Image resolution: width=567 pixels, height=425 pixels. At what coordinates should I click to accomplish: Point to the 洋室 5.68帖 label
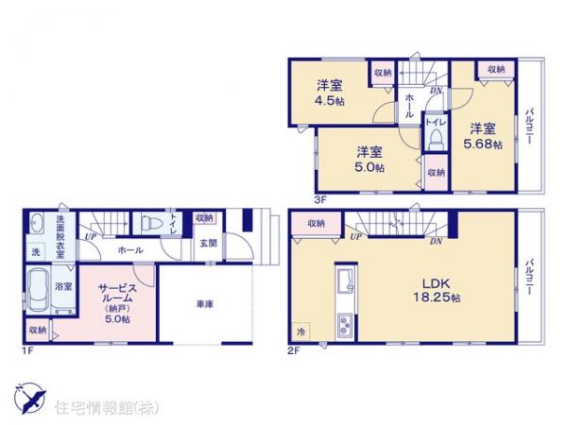[x=482, y=136]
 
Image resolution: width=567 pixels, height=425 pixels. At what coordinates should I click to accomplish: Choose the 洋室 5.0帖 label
[x=369, y=159]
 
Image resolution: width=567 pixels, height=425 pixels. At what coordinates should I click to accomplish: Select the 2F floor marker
[x=294, y=351]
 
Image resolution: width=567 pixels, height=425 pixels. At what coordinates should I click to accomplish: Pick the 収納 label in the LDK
[x=315, y=223]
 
